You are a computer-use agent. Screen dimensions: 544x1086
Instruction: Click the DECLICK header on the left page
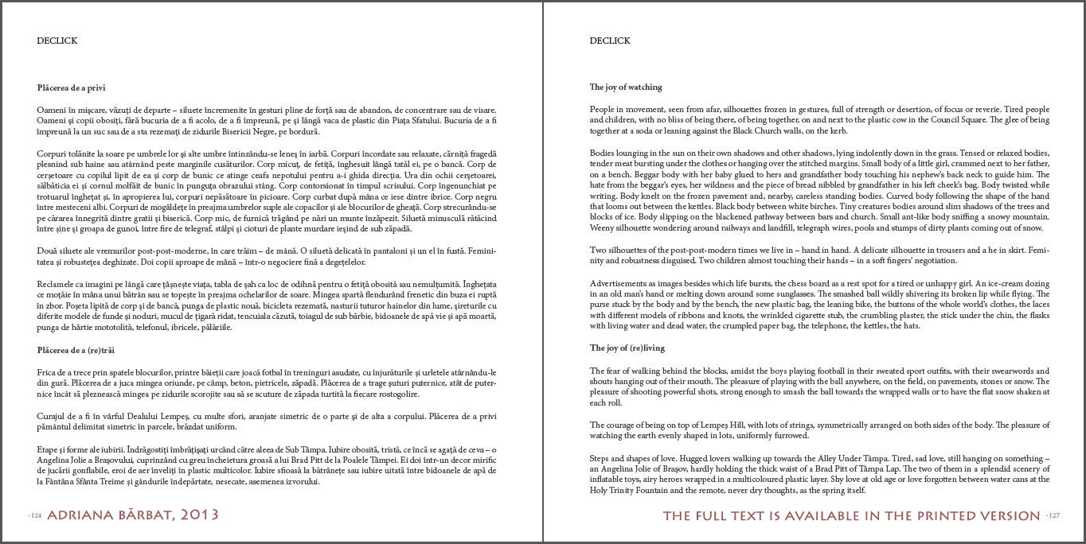coord(57,41)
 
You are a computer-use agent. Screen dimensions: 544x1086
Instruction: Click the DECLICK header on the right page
coord(609,41)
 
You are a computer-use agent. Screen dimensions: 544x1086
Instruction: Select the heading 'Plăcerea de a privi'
coord(71,87)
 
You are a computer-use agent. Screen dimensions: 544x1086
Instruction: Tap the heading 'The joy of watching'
coord(625,87)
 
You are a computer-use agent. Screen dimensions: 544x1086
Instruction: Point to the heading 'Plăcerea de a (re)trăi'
coord(76,350)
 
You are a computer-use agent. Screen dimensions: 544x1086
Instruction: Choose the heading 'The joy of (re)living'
coord(627,348)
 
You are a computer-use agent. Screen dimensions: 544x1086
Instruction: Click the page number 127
coord(1053,515)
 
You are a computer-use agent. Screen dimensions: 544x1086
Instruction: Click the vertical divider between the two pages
coord(543,272)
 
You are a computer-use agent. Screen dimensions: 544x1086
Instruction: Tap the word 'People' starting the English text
coord(602,109)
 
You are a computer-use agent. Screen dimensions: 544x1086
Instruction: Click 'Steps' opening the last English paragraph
coord(600,458)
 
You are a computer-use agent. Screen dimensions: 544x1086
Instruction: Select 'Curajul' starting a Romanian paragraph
coord(51,416)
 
